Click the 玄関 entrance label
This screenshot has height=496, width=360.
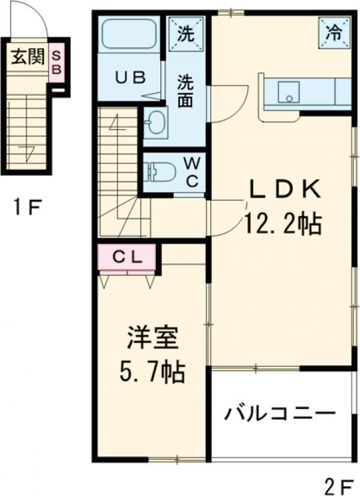[x=28, y=58]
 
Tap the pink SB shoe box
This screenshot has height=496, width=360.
[x=56, y=62]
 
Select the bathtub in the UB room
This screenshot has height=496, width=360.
[x=129, y=35]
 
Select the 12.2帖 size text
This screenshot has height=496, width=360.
[x=281, y=223]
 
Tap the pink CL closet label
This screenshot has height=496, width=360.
[x=127, y=257]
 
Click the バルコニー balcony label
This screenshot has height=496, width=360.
[x=280, y=414]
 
